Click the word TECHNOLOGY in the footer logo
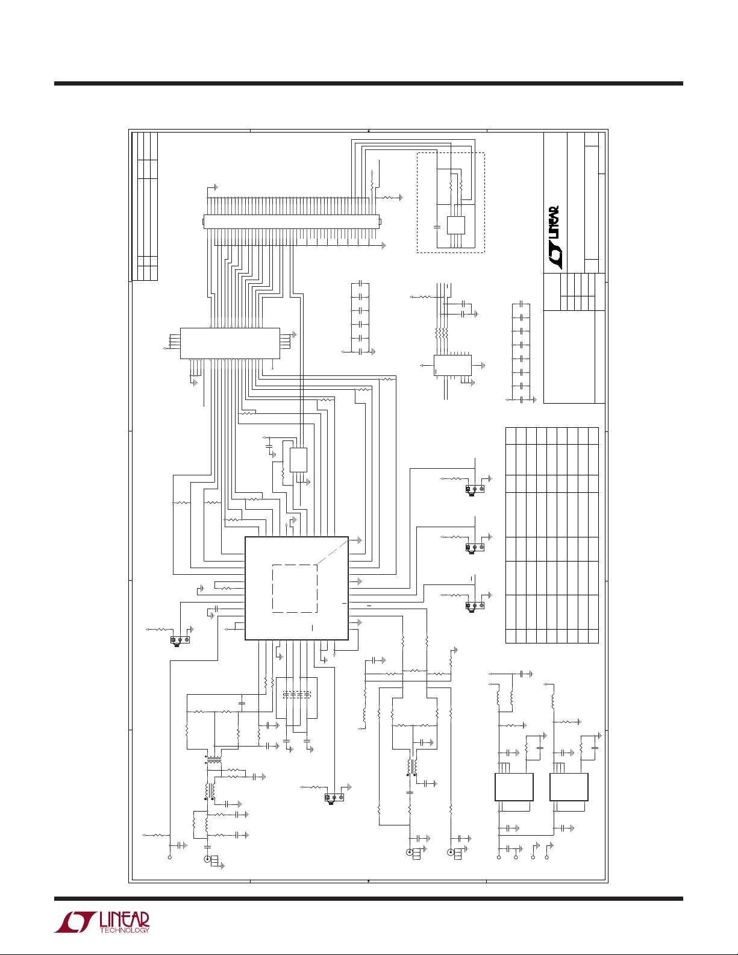[124, 930]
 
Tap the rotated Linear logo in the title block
[554, 237]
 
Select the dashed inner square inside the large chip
[295, 589]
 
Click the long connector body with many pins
[292, 222]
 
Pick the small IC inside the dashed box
[455, 225]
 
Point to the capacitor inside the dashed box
[437, 227]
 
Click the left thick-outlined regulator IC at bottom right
[514, 787]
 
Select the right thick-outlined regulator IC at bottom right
[569, 787]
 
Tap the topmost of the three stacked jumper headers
[475, 489]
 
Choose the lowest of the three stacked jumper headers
[475, 606]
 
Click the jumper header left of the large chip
[180, 640]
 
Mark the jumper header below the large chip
[334, 798]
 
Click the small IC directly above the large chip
[298, 460]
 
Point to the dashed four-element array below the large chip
[296, 695]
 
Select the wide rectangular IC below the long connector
[230, 343]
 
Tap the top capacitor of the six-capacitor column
[360, 283]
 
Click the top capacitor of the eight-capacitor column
[521, 304]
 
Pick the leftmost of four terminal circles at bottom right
[499, 857]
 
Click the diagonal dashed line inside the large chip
[333, 554]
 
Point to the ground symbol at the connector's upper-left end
[216, 187]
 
